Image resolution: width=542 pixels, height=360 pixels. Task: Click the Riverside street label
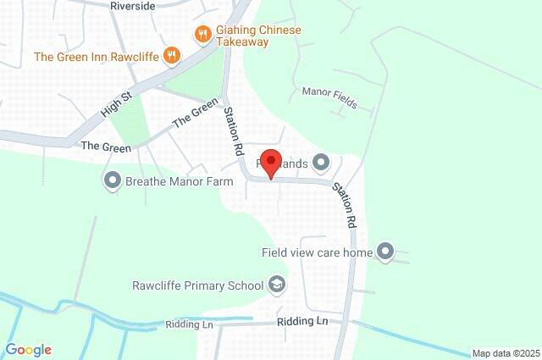coord(133,5)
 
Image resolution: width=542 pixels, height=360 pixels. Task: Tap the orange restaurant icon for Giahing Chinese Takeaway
coord(202,34)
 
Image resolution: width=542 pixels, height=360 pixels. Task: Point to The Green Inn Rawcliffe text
coord(97,57)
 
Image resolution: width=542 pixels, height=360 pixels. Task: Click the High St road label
coord(117,105)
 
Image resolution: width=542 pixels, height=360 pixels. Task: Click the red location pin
coord(270,163)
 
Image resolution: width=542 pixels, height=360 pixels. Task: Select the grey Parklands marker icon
coord(320,161)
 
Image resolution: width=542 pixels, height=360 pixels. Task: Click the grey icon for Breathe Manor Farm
coord(112,179)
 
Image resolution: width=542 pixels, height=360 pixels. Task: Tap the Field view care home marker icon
coord(385,251)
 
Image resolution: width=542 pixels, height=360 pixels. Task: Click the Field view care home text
coord(318,252)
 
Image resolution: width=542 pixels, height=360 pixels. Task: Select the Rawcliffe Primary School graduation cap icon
coord(276,285)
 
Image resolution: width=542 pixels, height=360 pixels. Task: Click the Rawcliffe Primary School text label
coord(198,285)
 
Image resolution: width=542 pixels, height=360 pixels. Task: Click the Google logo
coord(28,350)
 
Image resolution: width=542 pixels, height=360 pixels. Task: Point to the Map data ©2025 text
coord(506,353)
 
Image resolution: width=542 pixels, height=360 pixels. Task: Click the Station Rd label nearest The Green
coord(234,131)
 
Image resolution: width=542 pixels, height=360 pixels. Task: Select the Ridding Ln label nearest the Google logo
coord(190,324)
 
